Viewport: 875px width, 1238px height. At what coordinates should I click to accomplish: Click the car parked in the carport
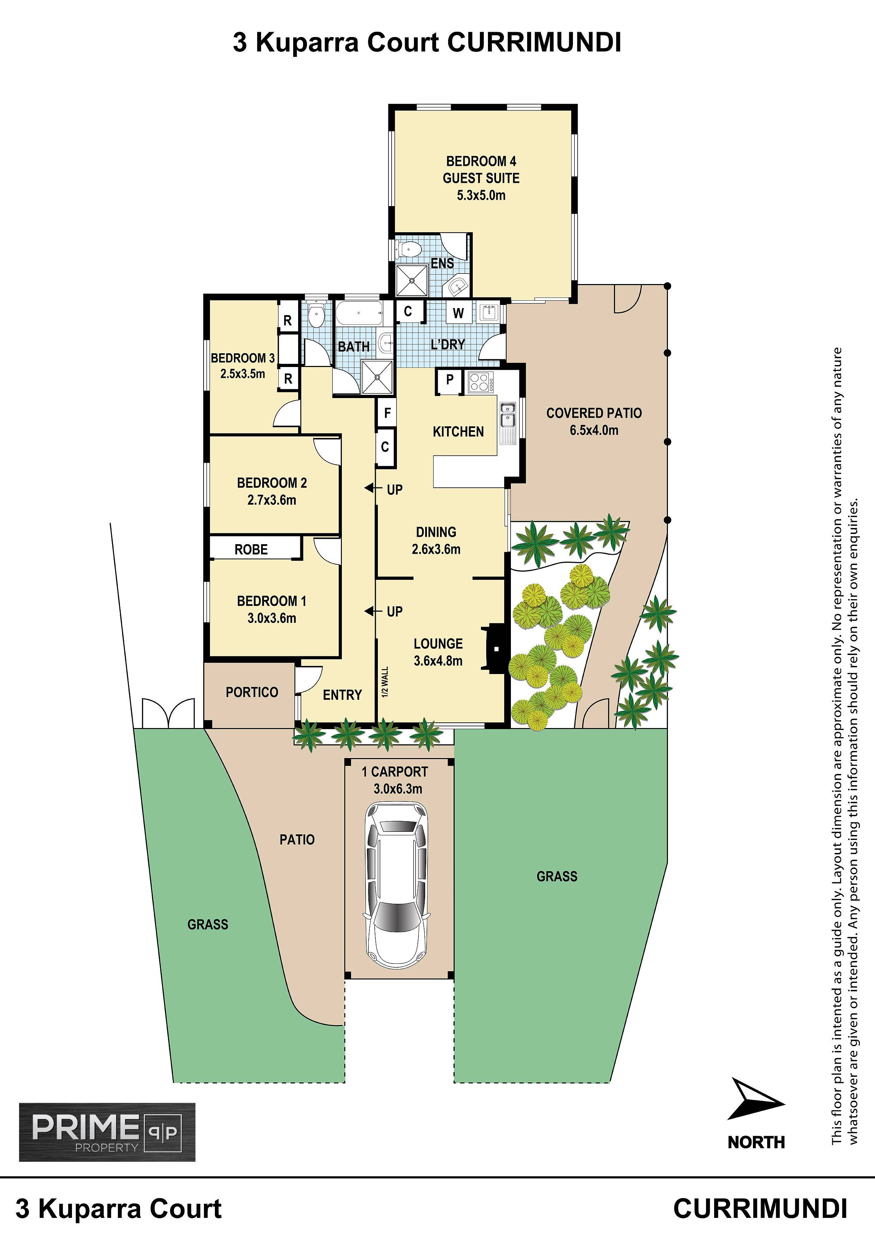click(397, 887)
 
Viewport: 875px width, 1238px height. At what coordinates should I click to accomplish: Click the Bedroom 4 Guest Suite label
click(481, 169)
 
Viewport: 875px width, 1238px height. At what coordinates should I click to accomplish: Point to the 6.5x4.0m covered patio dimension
click(594, 430)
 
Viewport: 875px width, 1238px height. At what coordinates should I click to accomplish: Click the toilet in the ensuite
click(408, 250)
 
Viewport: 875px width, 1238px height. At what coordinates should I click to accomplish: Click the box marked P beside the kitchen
click(449, 380)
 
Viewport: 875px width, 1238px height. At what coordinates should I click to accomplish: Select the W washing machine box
click(458, 313)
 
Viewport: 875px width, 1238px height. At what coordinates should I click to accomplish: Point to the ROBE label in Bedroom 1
click(251, 549)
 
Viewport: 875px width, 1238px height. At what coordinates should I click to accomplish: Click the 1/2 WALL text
click(384, 682)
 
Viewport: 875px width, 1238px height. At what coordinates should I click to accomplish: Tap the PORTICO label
click(252, 692)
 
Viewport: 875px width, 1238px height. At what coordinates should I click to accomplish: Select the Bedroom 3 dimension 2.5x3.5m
click(243, 374)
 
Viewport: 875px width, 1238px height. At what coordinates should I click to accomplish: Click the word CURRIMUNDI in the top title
click(534, 43)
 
